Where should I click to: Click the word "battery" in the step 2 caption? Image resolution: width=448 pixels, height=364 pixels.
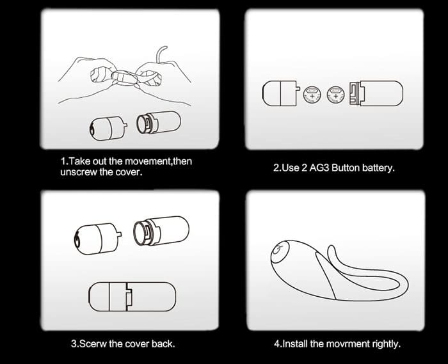[378, 168]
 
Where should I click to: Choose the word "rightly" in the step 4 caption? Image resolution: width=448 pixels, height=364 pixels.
[387, 344]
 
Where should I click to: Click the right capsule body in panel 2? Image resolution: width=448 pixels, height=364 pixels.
[376, 93]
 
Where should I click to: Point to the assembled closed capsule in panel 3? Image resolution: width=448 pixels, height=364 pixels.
[132, 297]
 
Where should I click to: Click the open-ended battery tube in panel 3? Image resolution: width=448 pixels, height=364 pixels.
[161, 231]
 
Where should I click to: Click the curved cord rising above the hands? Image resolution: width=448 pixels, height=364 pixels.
[161, 54]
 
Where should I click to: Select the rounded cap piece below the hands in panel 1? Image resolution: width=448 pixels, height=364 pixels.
[108, 128]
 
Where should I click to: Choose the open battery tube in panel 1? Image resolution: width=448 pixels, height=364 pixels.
[159, 122]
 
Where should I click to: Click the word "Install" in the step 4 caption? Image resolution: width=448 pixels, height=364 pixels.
[295, 344]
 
